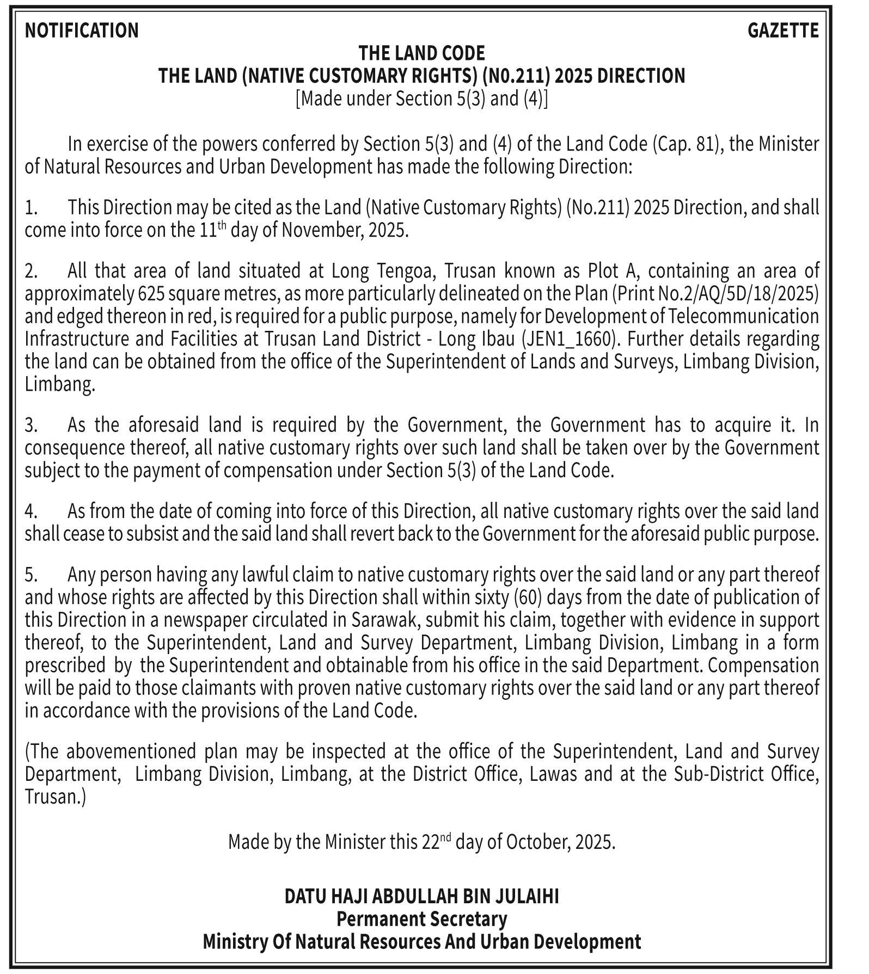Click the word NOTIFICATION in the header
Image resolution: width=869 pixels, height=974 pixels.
click(x=82, y=30)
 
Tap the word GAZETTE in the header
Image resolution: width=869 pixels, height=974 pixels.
click(x=783, y=30)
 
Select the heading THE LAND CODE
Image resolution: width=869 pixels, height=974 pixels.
click(x=421, y=53)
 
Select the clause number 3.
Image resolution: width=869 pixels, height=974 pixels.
click(x=30, y=425)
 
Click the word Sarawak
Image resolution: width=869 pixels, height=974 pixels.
click(x=379, y=620)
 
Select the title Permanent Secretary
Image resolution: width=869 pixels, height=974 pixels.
click(x=421, y=919)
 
